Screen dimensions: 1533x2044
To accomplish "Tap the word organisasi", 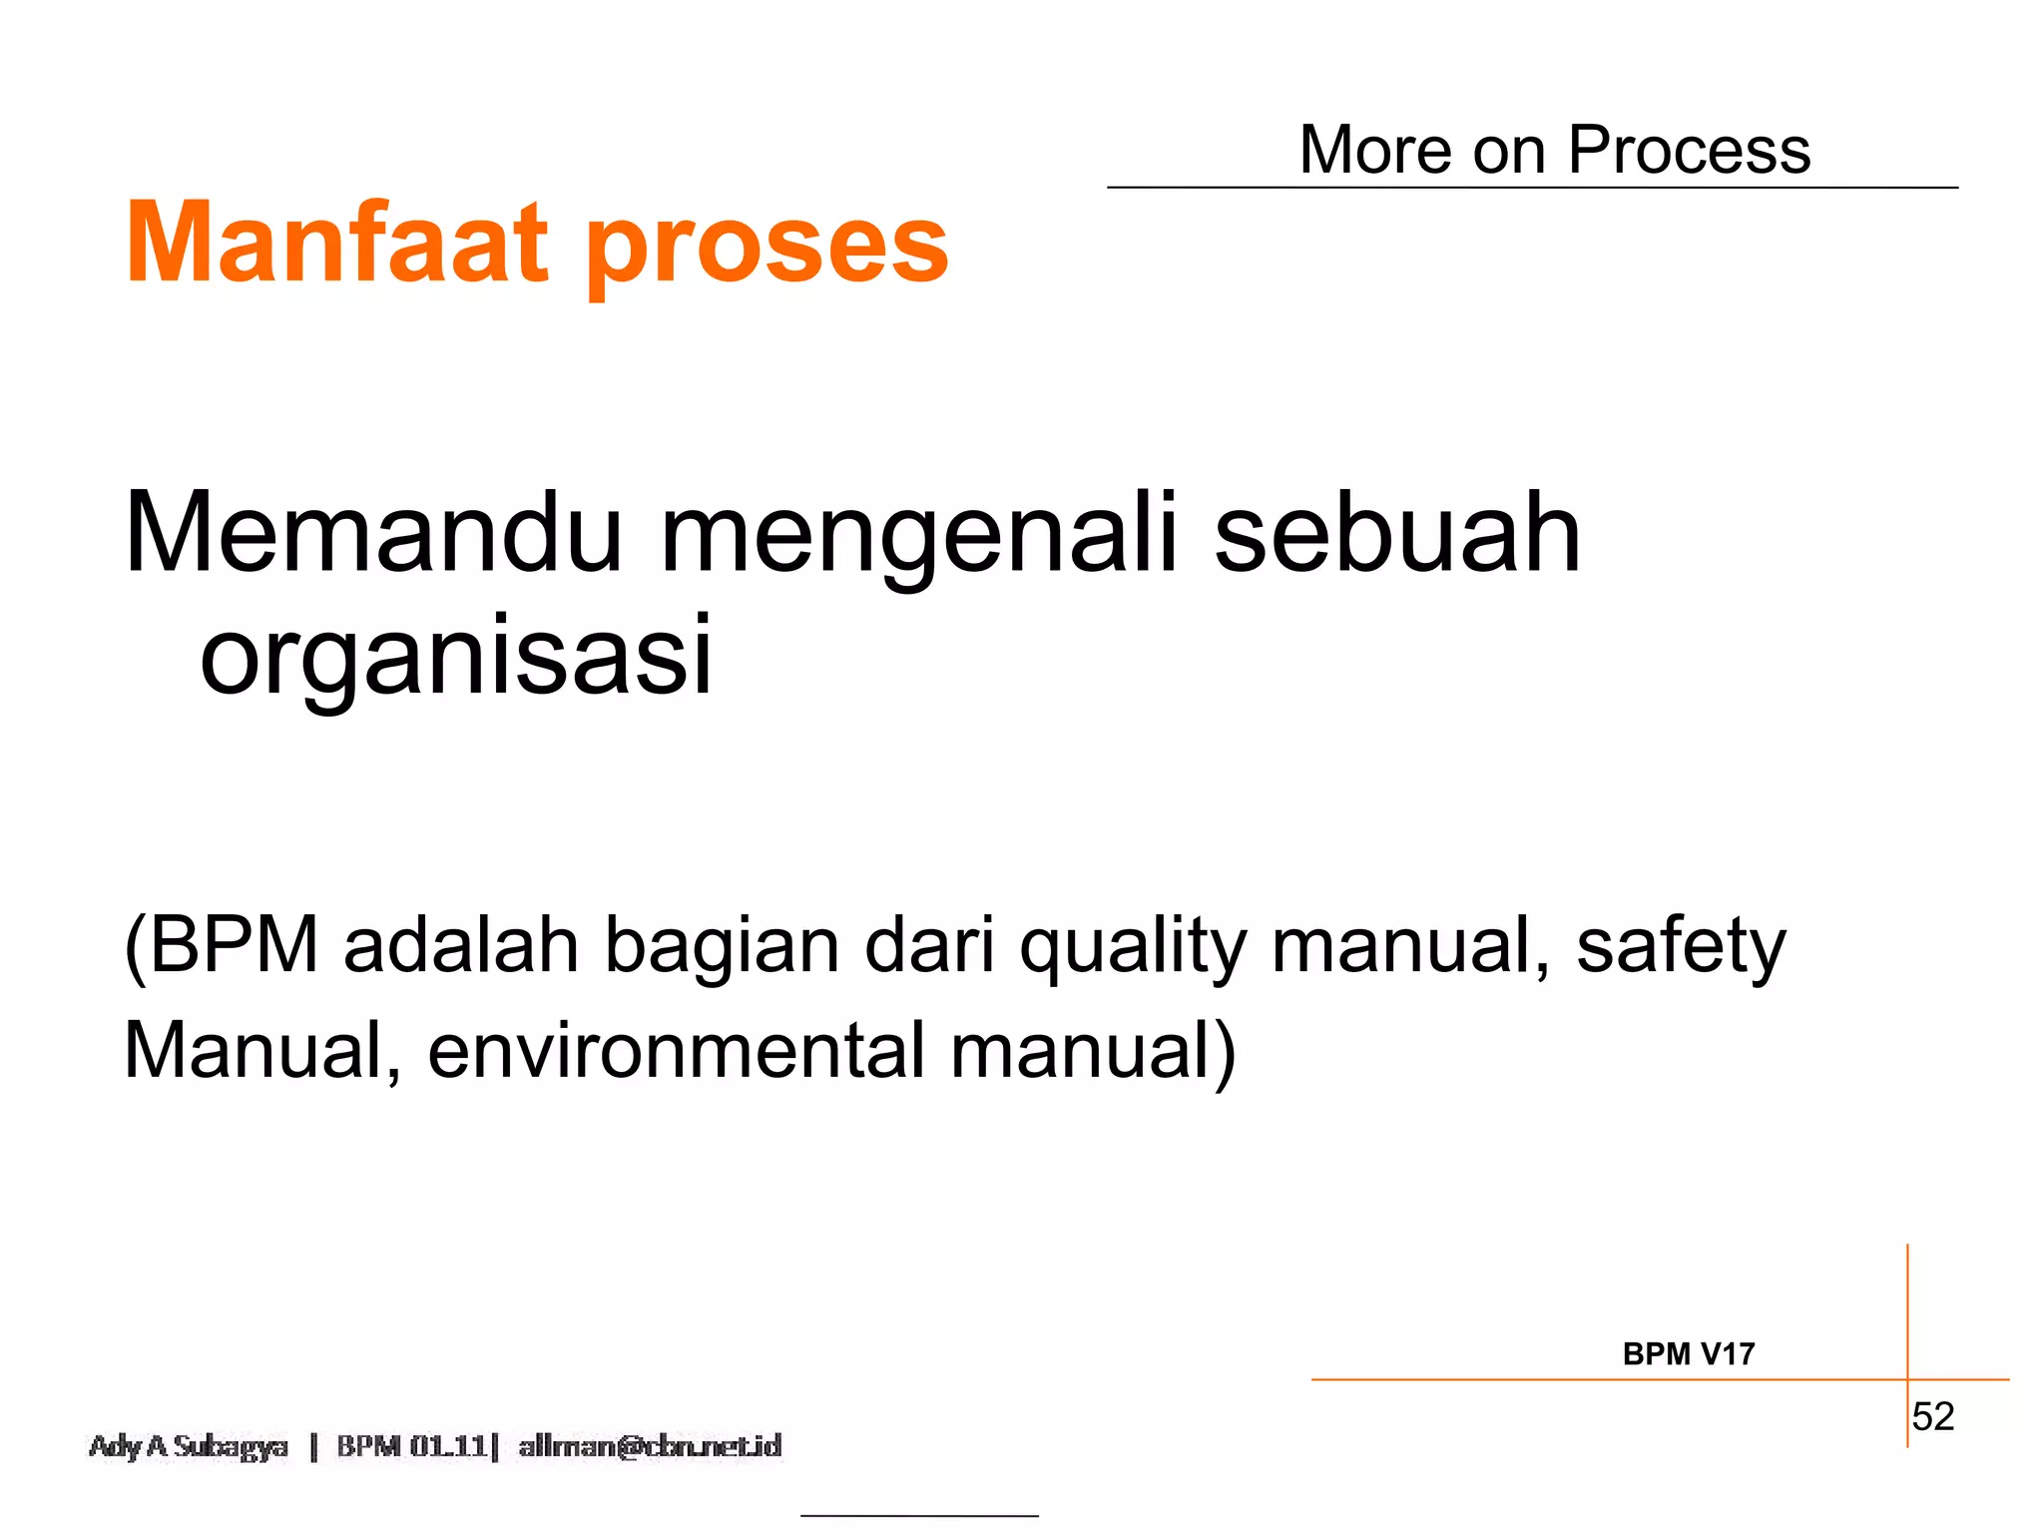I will click(x=456, y=657).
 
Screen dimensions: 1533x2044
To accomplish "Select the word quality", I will click(x=1133, y=948).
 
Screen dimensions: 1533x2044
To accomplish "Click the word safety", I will click(x=1681, y=946).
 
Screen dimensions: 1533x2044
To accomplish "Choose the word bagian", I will click(x=723, y=948).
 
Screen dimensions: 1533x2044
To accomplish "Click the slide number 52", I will click(x=1933, y=1416).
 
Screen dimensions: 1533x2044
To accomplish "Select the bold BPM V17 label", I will click(x=1688, y=1353).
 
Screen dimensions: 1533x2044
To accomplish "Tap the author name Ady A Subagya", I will click(x=189, y=1446).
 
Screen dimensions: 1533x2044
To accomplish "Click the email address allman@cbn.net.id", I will click(x=650, y=1446).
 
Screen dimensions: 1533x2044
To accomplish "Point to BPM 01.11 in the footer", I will click(x=411, y=1446).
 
